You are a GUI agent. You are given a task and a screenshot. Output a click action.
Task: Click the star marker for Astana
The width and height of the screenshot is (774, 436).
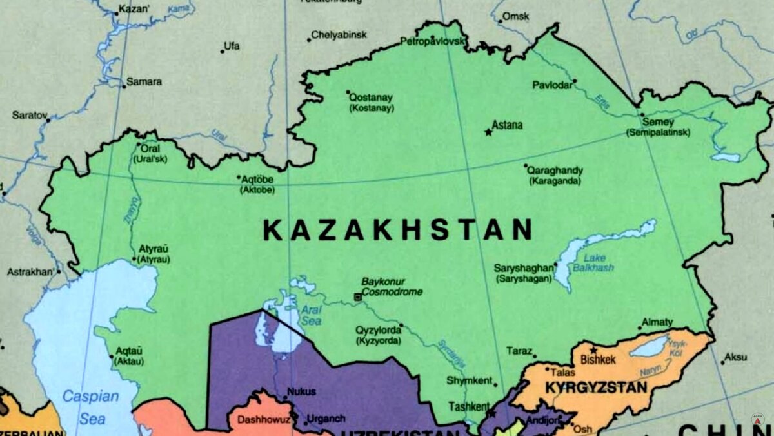click(x=488, y=132)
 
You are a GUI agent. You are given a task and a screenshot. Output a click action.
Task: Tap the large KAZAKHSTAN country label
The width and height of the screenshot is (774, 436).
click(x=398, y=230)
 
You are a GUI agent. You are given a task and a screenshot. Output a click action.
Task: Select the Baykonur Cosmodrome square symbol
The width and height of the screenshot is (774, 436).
click(x=357, y=296)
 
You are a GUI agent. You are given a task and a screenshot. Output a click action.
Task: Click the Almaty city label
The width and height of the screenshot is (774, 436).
click(x=657, y=322)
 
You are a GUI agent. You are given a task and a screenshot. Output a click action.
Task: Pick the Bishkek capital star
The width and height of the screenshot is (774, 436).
click(x=593, y=350)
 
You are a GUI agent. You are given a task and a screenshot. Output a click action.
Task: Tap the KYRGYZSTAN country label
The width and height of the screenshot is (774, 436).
click(x=596, y=388)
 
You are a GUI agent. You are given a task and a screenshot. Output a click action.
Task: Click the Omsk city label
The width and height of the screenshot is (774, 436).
click(x=515, y=15)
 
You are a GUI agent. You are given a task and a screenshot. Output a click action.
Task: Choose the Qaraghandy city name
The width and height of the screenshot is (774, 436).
click(x=555, y=171)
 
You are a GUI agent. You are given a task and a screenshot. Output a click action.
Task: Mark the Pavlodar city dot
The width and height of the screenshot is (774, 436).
click(x=575, y=81)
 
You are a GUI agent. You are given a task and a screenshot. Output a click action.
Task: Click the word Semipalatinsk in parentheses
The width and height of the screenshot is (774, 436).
click(x=658, y=132)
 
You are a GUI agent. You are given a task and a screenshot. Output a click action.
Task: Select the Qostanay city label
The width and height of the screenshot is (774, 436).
click(x=371, y=98)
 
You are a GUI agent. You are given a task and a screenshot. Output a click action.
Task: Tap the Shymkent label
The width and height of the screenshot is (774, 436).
click(x=470, y=380)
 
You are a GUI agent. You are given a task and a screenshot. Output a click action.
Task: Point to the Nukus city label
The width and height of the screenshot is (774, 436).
click(x=301, y=391)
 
